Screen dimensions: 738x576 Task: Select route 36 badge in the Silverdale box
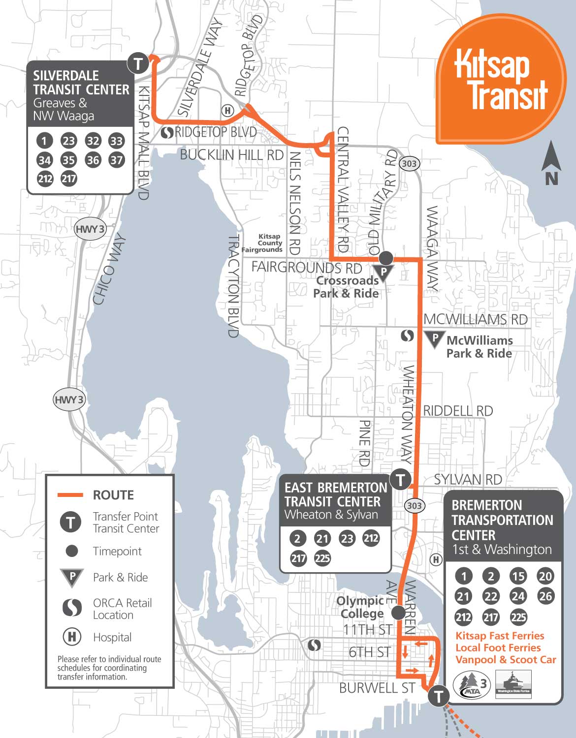point(93,160)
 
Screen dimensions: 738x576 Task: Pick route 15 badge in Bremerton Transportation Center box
point(518,576)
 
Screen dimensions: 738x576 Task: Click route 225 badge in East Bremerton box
point(322,558)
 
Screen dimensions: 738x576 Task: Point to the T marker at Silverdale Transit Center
point(138,63)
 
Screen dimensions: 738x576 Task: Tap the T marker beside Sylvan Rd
point(401,479)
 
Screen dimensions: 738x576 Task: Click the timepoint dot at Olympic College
point(398,613)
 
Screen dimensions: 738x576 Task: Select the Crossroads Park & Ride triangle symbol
point(384,272)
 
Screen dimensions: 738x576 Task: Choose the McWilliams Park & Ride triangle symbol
point(434,338)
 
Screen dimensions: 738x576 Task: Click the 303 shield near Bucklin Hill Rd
point(409,164)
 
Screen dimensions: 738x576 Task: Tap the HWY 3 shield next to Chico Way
point(90,229)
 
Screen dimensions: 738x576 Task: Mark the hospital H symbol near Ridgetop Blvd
point(227,111)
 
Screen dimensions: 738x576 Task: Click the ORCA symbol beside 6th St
point(314,645)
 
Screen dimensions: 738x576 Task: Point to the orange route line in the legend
point(70,495)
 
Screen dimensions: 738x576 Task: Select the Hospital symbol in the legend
point(72,637)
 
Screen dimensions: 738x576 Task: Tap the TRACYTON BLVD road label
point(233,285)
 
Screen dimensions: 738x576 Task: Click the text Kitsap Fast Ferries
point(500,636)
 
